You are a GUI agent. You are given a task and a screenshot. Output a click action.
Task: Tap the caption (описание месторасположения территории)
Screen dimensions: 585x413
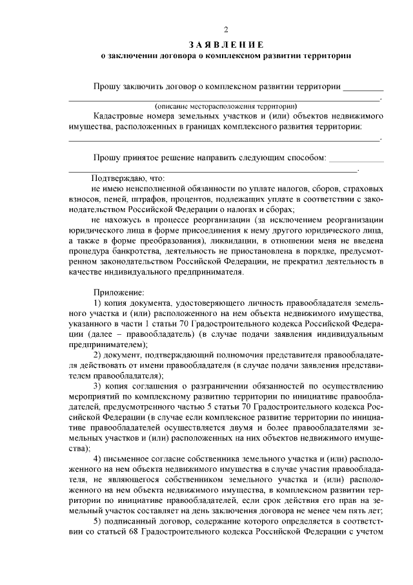225,105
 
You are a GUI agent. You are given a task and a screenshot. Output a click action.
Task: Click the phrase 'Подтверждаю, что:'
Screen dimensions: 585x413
128,177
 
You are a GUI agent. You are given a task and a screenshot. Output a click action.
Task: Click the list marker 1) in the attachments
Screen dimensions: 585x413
98,303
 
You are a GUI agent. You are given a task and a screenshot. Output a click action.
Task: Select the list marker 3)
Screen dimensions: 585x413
98,387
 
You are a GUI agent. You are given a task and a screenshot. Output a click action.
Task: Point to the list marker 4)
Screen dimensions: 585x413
98,459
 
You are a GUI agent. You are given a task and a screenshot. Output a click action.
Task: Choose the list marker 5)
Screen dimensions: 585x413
98,521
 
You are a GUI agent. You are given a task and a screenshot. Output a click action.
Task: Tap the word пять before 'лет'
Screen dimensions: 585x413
360,511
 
